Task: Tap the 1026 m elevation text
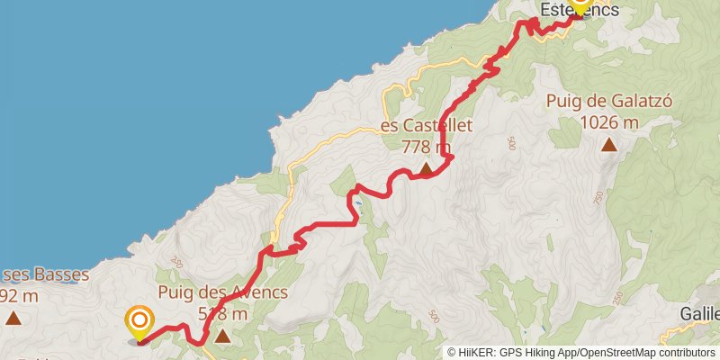tap(609, 122)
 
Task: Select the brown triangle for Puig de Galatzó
tap(609, 144)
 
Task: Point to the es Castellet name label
tap(426, 126)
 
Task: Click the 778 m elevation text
tap(426, 146)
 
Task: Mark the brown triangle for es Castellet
tap(425, 166)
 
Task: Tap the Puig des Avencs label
tap(222, 292)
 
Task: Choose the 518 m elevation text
tap(222, 313)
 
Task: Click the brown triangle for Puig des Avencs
tap(221, 337)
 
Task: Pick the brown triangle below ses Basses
tap(13, 317)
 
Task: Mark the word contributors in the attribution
tap(687, 352)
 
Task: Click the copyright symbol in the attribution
tap(453, 352)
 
